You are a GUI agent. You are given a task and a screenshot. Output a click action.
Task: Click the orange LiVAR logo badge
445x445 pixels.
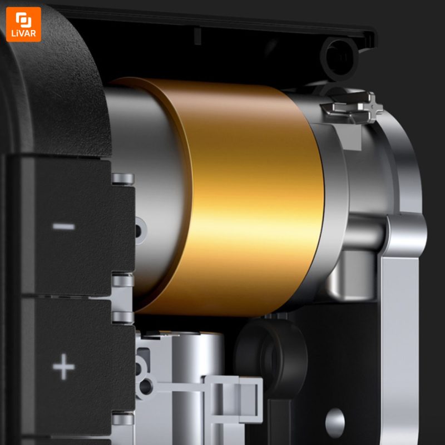click(23, 24)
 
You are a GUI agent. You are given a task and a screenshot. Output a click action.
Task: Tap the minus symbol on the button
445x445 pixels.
click(63, 226)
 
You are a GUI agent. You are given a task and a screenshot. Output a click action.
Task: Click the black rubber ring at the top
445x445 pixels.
click(339, 58)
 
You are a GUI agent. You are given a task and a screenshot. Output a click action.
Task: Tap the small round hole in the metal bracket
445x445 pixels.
click(335, 419)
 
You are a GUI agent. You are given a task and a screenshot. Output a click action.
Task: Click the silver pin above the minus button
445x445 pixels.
click(123, 179)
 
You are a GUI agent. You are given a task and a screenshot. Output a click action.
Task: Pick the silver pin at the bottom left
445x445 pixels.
click(123, 419)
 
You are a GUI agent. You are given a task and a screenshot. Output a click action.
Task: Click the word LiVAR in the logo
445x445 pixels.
click(23, 33)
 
